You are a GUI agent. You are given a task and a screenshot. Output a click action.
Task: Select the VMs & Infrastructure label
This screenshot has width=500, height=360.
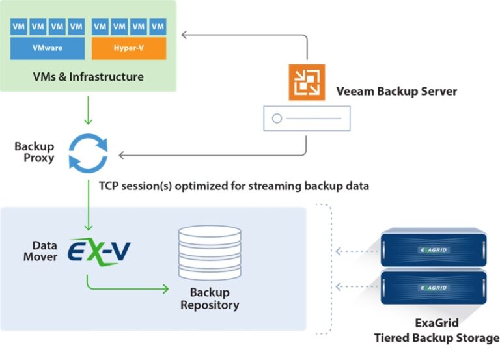coord(88,77)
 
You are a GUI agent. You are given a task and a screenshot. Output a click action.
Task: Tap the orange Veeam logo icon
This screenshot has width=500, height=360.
coord(307,82)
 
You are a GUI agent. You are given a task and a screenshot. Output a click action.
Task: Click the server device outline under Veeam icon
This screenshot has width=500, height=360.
coord(307,118)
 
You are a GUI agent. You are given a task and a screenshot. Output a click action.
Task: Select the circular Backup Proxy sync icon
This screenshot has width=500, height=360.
coord(88,151)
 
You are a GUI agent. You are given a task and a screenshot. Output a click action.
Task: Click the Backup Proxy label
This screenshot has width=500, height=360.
coord(34,152)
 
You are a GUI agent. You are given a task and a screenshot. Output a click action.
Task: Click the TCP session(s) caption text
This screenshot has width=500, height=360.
coord(233,186)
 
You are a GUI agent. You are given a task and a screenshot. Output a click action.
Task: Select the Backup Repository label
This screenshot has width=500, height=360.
coord(210,299)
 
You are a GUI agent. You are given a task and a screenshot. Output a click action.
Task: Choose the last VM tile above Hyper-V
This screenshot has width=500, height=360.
coord(158,27)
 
